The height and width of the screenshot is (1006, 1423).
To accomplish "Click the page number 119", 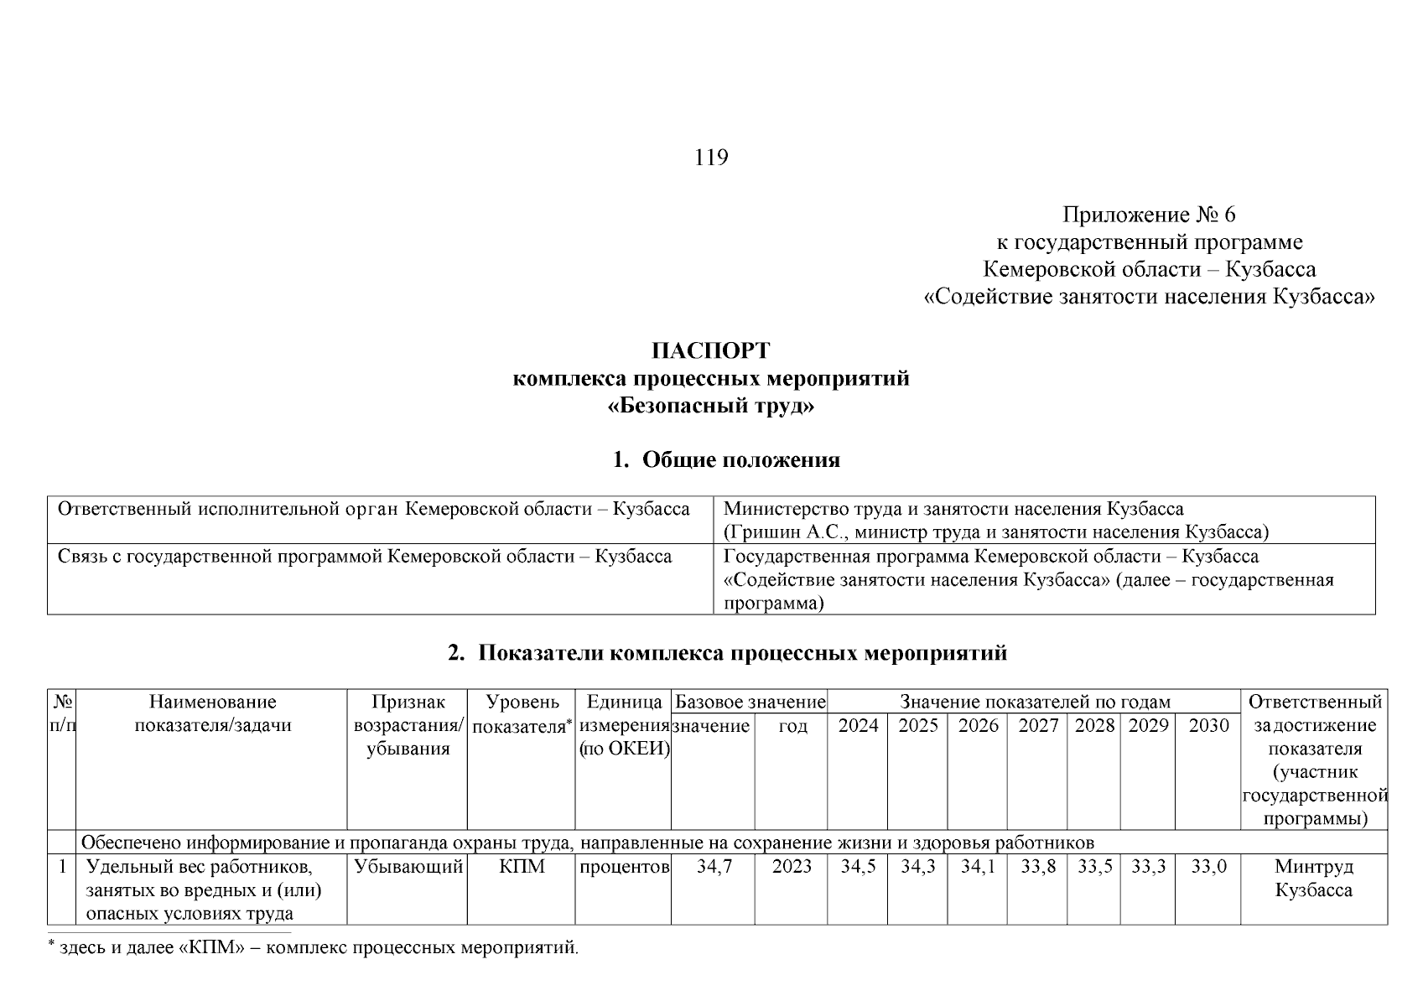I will (x=711, y=158).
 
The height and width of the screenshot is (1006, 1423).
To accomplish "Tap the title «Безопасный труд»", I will (x=711, y=407).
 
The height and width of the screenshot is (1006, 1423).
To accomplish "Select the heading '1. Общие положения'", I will (x=726, y=460).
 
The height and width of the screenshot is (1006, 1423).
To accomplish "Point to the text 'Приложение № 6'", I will (x=1149, y=215).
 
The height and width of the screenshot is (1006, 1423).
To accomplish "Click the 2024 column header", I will (x=858, y=726).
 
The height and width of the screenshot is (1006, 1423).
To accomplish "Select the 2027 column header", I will (x=1037, y=726).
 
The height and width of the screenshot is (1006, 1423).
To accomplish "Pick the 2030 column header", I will (x=1208, y=726).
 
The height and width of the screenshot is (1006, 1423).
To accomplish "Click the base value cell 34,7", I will (x=714, y=867).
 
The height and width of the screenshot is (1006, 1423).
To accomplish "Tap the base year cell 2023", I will (x=792, y=867).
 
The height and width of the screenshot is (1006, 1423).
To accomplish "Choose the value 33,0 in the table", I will (x=1208, y=867).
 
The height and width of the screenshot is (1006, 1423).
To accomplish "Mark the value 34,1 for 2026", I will (x=978, y=867).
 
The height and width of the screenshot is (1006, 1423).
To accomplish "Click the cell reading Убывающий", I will (x=408, y=867).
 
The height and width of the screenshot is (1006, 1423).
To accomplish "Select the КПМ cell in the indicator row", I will (x=522, y=867).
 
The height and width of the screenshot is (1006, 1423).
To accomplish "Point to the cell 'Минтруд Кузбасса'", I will (x=1313, y=878).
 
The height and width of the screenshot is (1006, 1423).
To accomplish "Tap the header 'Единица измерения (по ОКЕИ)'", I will (x=624, y=726).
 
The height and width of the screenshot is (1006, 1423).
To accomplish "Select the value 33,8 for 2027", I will (x=1037, y=867).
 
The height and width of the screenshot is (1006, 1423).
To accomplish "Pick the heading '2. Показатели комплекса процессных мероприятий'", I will (x=727, y=654).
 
